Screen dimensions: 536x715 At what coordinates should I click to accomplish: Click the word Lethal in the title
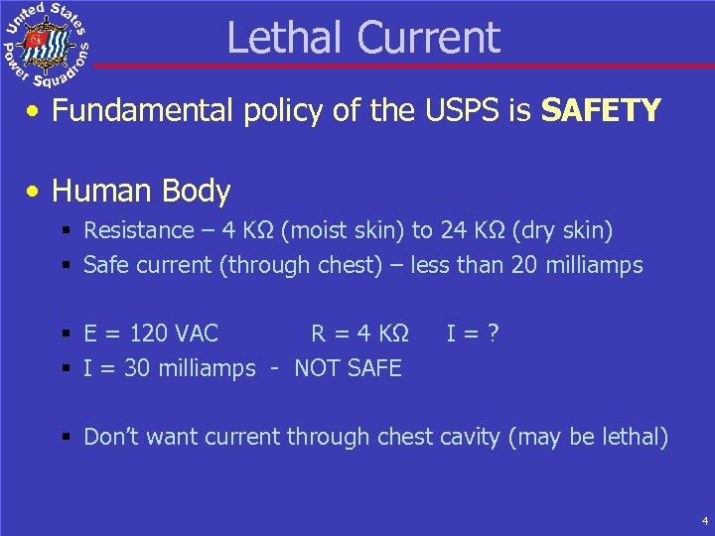click(287, 38)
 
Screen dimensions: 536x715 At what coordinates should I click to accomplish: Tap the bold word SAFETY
click(601, 110)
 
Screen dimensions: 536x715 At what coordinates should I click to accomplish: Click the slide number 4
click(703, 520)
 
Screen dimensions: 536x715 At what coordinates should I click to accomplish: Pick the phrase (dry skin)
click(562, 231)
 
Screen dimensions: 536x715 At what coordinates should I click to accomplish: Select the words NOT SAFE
click(348, 368)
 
